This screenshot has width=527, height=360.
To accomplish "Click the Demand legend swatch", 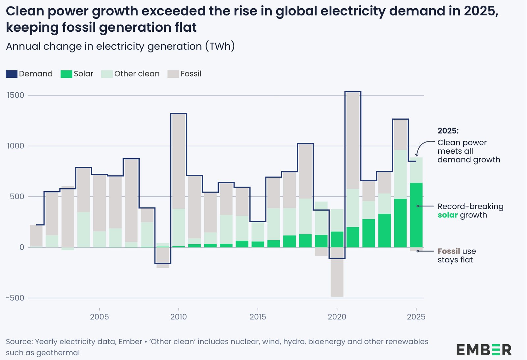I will [x=12, y=74].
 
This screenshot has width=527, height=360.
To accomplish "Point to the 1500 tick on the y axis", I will [x=16, y=95].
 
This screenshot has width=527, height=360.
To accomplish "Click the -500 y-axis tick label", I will [x=15, y=298].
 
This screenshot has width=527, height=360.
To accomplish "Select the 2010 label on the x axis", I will [x=179, y=317].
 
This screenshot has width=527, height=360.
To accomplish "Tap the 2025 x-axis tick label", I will [x=416, y=317].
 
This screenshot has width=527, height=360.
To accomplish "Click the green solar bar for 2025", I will [x=416, y=214].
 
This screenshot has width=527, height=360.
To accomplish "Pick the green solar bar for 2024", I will [x=400, y=223].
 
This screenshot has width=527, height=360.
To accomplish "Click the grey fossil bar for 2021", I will [x=353, y=140].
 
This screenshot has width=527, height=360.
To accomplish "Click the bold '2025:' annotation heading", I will [x=448, y=131].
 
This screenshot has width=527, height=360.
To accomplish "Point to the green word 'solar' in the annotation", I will [x=448, y=215].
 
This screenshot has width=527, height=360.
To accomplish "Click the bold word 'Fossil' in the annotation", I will [x=449, y=251].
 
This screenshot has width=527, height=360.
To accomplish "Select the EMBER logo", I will [x=484, y=350].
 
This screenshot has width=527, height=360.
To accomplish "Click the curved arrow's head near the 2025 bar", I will [x=417, y=155].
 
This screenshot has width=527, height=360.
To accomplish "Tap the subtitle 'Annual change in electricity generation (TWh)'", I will [x=120, y=46].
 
